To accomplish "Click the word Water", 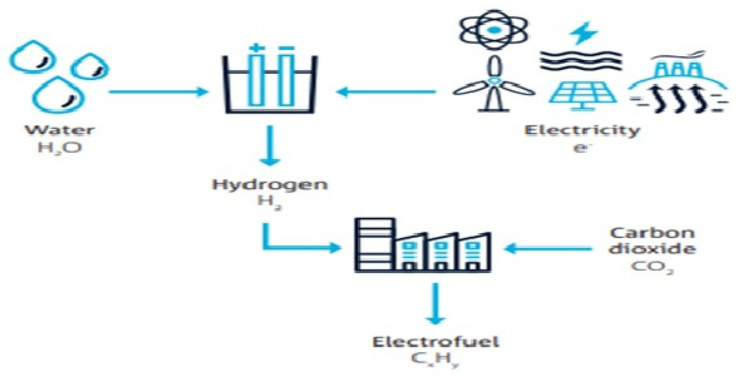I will pyautogui.click(x=60, y=130).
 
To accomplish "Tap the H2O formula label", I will pyautogui.click(x=60, y=148).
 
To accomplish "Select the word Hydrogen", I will pyautogui.click(x=270, y=184).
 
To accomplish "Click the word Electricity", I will pyautogui.click(x=582, y=131).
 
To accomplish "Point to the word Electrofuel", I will pyautogui.click(x=436, y=342).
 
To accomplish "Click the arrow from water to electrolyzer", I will pyautogui.click(x=158, y=92).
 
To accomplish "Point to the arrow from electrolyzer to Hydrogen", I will pyautogui.click(x=270, y=145).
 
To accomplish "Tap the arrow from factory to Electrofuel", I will pyautogui.click(x=436, y=304).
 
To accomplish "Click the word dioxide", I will pyautogui.click(x=652, y=249).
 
